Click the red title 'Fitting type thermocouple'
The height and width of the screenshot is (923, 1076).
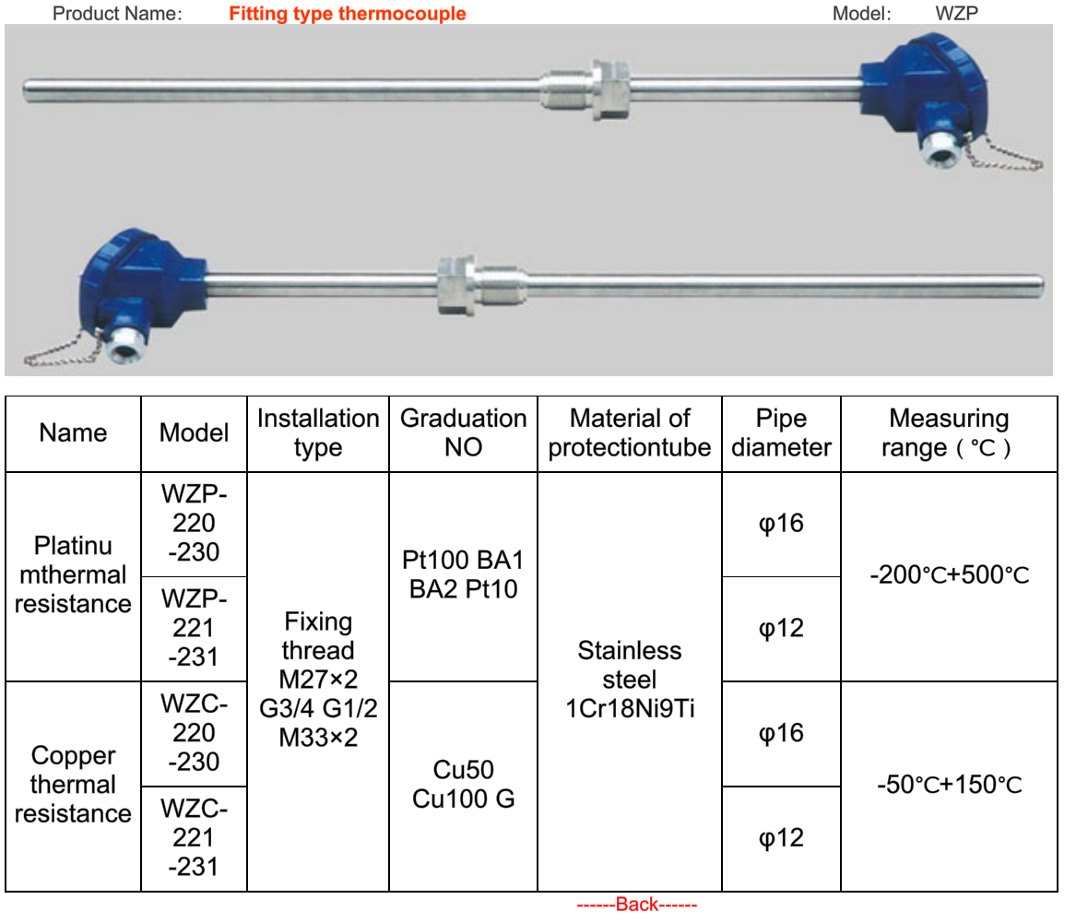pos(348,14)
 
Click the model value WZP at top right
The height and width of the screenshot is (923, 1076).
pos(956,14)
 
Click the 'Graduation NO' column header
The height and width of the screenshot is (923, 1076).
pos(463,433)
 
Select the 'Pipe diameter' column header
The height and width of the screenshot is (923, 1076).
pos(781,433)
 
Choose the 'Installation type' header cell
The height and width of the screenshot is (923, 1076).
pos(318,433)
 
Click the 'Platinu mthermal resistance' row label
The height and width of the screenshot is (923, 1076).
pos(73,575)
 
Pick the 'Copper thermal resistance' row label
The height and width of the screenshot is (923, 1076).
pos(73,785)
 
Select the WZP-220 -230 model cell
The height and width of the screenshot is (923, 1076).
pos(194,524)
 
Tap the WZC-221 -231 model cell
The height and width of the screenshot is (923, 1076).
pos(194,838)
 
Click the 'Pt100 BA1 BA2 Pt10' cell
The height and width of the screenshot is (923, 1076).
pos(463,574)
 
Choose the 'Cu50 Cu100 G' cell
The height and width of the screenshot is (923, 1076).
pos(463,785)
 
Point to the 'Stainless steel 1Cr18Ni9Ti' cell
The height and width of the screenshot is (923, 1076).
pos(630,680)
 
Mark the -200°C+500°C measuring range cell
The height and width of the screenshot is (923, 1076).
pos(950,576)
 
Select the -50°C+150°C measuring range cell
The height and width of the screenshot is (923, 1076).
pos(950,786)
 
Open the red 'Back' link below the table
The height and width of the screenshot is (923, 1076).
pos(637,905)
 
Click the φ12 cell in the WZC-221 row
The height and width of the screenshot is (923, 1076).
pos(781,838)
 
